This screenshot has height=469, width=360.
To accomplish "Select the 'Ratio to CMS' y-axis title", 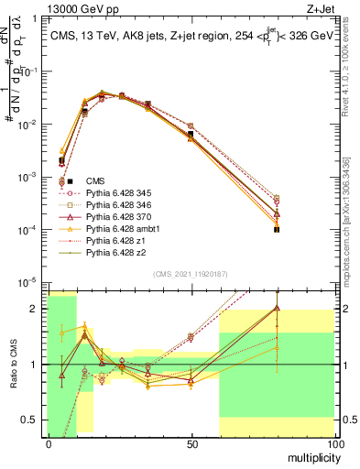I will pos(13,364).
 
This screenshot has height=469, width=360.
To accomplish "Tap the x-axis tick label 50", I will pos(191,443).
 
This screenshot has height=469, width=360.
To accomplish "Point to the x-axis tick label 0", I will pos(49,443).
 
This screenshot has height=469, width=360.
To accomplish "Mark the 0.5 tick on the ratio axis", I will pos(33,420).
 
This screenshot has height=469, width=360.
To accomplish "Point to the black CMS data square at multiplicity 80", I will pos(277,229).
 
